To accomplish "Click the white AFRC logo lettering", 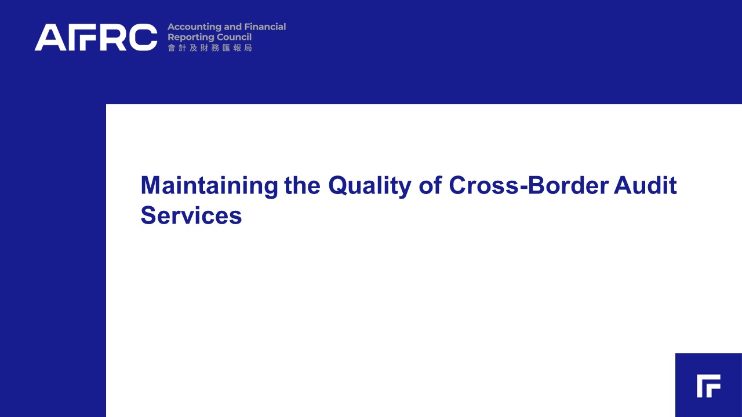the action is (96, 37).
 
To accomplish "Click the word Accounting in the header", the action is (194, 27).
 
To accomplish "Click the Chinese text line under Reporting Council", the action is (210, 48).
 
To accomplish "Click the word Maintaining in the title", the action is (209, 186).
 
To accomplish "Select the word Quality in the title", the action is (370, 186).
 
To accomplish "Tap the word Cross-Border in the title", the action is (529, 185).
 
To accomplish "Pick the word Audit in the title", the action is (645, 185).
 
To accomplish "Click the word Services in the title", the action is (191, 215).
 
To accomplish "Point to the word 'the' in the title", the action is (302, 185).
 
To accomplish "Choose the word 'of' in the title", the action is (430, 185).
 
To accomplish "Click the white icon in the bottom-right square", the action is (708, 386).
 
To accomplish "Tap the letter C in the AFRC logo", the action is (143, 37).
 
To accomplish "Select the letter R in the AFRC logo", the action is (111, 37).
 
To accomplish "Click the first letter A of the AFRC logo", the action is (50, 37).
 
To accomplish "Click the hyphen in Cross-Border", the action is (523, 187).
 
